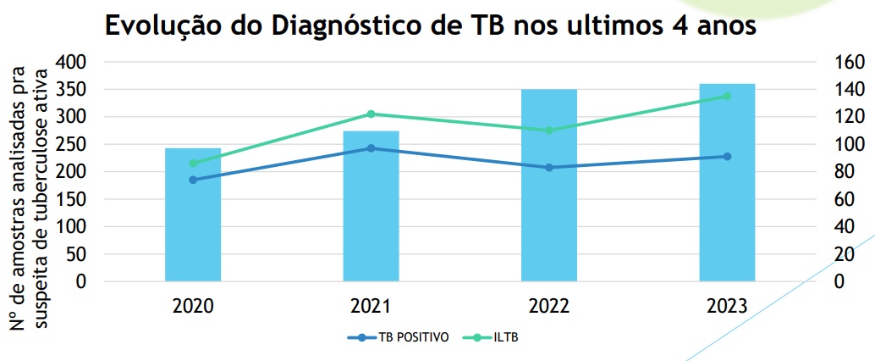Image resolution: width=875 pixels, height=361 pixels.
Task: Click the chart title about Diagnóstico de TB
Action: coord(429,26)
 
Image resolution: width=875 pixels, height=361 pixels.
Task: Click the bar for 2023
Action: coord(727,182)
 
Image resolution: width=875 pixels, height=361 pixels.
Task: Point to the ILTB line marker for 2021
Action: coord(371,114)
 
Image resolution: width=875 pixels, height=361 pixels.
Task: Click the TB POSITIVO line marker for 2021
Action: coord(371,148)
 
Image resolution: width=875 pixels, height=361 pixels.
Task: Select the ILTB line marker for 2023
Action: coord(727,96)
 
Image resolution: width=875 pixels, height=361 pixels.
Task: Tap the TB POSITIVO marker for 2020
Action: coord(193,180)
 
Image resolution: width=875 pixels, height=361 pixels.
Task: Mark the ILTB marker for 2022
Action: coord(548,131)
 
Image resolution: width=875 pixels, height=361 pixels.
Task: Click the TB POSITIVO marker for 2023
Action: coord(727,157)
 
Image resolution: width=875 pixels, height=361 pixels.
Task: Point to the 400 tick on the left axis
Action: coord(71,62)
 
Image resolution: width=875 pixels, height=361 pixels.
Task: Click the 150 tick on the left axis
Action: coord(71,199)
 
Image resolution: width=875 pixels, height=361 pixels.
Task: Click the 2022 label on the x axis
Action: coord(548,306)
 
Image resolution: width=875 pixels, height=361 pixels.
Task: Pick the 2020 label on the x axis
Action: coord(193,306)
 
